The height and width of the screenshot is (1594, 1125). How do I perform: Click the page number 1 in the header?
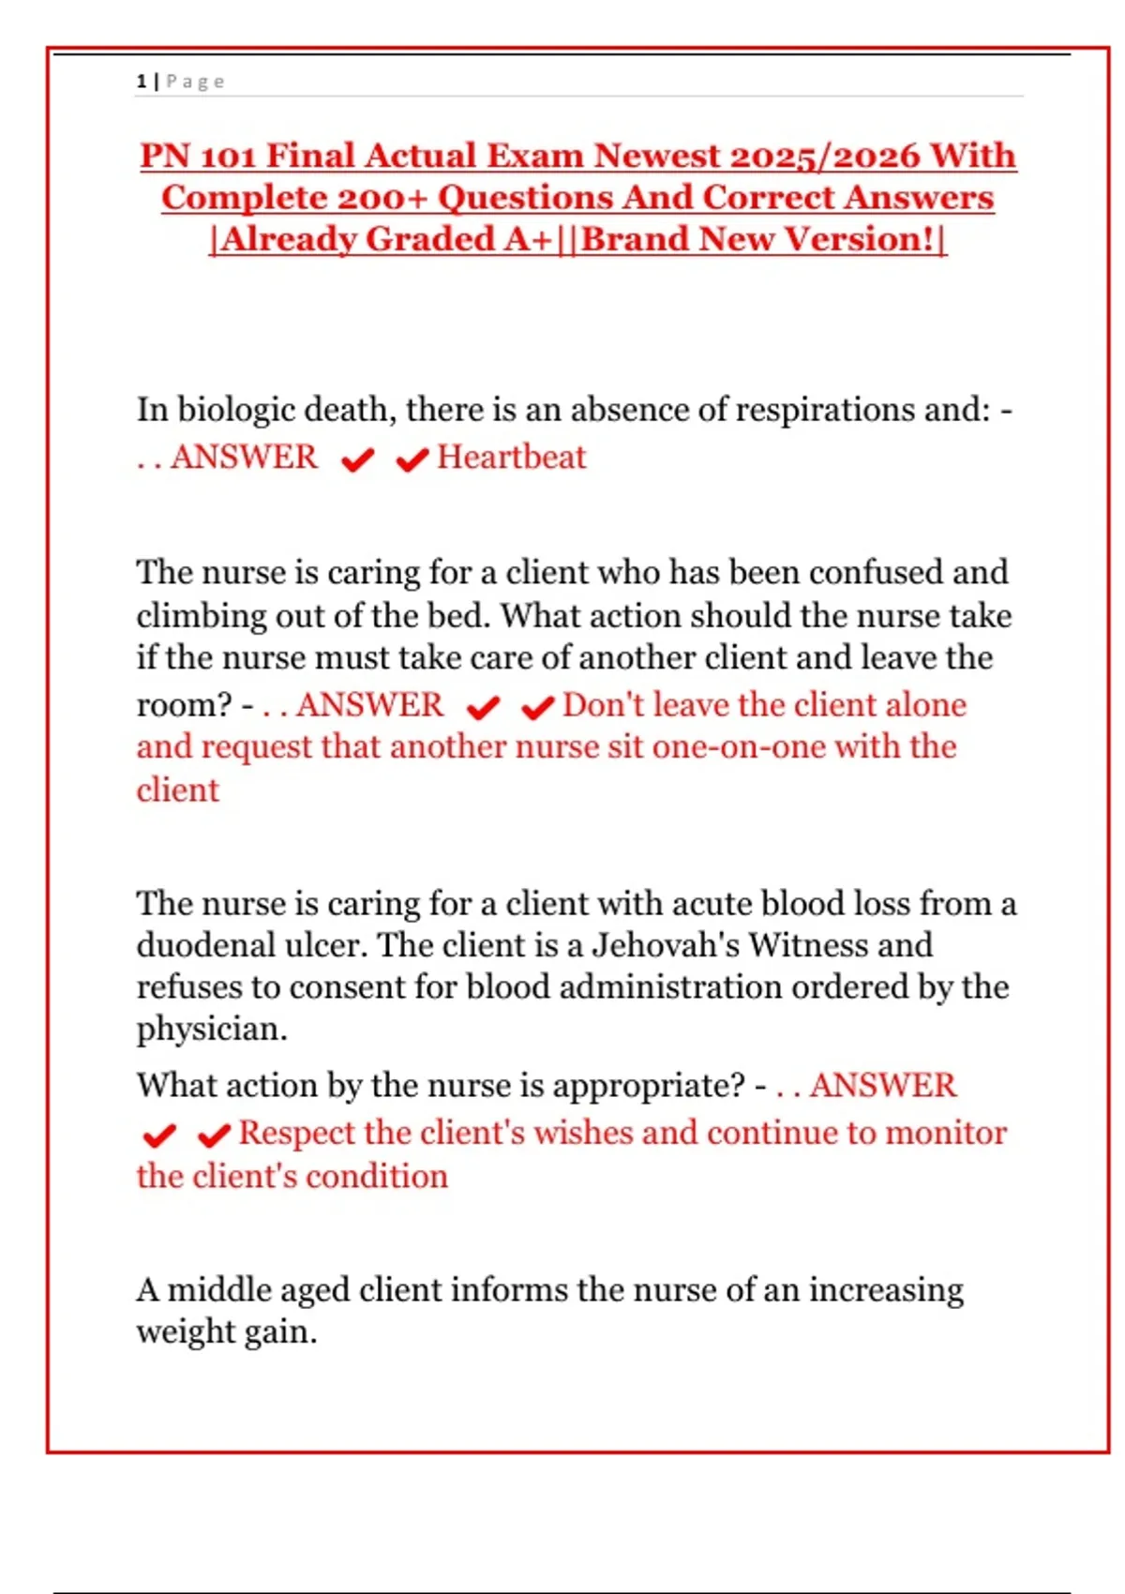[142, 82]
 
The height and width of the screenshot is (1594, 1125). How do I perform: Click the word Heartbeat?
[511, 458]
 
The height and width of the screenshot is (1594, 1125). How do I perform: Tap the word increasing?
[886, 1290]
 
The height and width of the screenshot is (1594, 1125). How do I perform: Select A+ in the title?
[528, 239]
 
